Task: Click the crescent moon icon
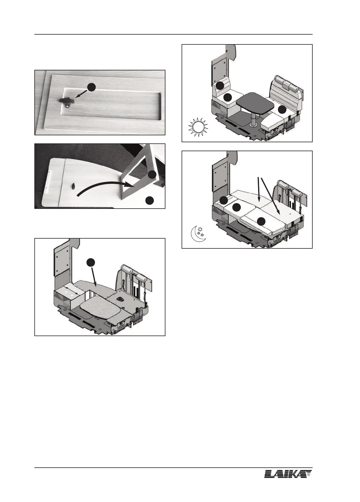(198, 233)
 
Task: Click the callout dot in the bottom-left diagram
(91, 262)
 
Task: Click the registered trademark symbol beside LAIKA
(309, 474)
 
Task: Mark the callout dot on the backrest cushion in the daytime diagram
(220, 85)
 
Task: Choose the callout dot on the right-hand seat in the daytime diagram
(282, 110)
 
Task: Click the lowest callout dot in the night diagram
(261, 221)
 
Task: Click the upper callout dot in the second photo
(152, 175)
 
